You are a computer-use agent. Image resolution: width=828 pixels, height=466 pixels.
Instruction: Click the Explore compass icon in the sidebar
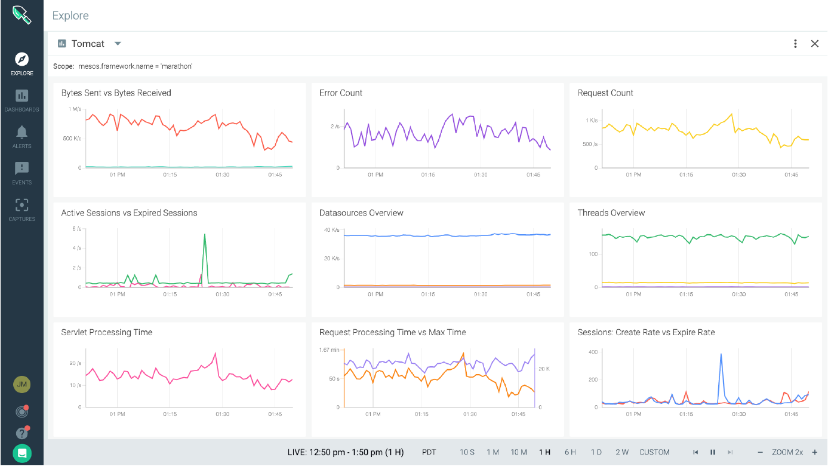coord(21,59)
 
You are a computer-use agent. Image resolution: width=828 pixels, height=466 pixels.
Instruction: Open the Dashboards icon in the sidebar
coord(21,96)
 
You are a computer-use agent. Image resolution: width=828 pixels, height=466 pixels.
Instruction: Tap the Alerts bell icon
coord(21,132)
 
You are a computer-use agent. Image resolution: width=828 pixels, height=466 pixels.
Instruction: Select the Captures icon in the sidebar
coord(21,206)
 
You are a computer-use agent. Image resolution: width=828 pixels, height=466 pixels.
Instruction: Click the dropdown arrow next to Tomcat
coord(118,44)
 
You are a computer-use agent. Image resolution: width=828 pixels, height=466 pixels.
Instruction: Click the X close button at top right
coord(814,44)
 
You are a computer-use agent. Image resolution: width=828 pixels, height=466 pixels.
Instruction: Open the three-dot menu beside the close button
coord(795,44)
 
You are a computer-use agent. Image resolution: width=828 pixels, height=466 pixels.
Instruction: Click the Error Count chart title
coord(341,93)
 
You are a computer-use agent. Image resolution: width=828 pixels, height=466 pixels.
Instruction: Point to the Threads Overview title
coord(611,213)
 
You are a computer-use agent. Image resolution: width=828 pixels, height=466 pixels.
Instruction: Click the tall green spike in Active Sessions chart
coord(205,235)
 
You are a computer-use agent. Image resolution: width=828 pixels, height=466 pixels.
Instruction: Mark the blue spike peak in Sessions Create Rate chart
coord(721,354)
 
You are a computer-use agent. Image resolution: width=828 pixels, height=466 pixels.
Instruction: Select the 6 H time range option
coord(570,452)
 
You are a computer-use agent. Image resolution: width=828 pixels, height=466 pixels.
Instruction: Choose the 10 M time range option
coord(518,452)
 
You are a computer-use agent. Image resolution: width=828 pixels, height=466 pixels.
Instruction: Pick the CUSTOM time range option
coord(654,452)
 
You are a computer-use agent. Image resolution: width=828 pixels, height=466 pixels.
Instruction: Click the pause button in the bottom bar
coord(713,452)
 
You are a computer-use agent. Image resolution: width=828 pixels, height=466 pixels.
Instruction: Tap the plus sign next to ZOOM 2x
coord(814,452)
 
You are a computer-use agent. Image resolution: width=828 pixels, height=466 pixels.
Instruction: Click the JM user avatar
coord(21,385)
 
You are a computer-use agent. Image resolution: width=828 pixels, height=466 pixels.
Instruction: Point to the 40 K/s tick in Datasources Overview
coord(331,230)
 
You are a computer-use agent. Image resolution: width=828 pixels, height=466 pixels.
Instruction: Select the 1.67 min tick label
coord(329,349)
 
